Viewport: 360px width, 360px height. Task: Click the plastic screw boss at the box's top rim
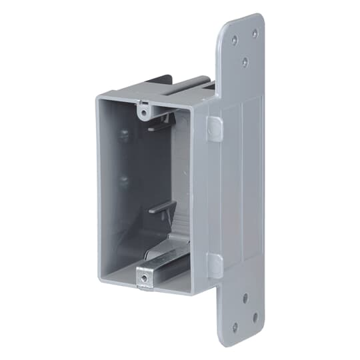click(143, 106)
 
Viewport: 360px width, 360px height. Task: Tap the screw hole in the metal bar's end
click(142, 273)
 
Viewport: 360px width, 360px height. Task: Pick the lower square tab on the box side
click(215, 265)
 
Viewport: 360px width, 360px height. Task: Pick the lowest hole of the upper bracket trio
click(245, 61)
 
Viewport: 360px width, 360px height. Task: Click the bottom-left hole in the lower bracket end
click(235, 327)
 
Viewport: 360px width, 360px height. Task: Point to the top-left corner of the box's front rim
click(98, 98)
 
